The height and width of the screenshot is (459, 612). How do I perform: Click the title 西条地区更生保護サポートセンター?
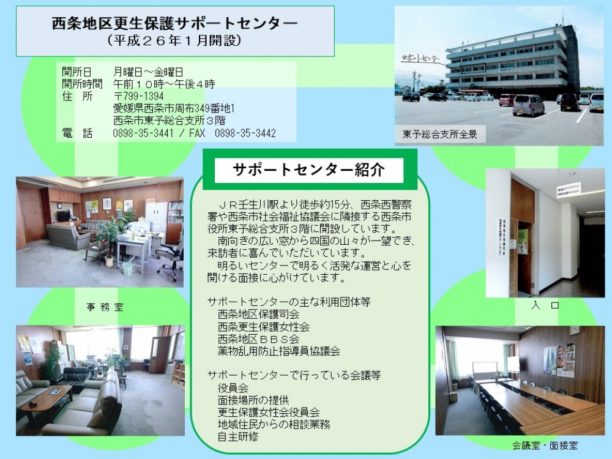pyautogui.click(x=175, y=23)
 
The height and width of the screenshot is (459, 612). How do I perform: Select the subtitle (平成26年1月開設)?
pyautogui.click(x=174, y=40)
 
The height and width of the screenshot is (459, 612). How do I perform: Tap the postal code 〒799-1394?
pyautogui.click(x=138, y=96)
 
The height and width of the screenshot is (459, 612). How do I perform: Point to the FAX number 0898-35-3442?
pyautogui.click(x=245, y=133)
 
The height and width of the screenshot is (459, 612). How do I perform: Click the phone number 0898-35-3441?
pyautogui.click(x=143, y=133)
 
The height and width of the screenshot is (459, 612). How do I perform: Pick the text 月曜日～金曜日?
pyautogui.click(x=148, y=72)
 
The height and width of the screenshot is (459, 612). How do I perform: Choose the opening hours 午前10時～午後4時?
pyautogui.click(x=164, y=84)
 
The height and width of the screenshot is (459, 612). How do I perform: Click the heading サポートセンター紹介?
pyautogui.click(x=308, y=170)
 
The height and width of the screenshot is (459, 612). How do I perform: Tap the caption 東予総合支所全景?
pyautogui.click(x=440, y=135)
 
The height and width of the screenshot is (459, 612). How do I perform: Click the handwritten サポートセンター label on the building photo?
pyautogui.click(x=420, y=59)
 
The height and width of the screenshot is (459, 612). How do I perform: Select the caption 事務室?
pyautogui.click(x=105, y=307)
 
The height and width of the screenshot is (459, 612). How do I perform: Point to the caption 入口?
pyautogui.click(x=545, y=305)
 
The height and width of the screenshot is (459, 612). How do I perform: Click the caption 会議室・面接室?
pyautogui.click(x=545, y=446)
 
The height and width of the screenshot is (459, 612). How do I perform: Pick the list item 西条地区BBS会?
pyautogui.click(x=258, y=339)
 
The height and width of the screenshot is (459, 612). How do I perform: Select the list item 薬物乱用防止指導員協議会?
pyautogui.click(x=278, y=351)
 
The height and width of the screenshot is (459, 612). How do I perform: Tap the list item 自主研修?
pyautogui.click(x=238, y=436)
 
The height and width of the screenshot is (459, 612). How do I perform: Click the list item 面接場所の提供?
pyautogui.click(x=253, y=400)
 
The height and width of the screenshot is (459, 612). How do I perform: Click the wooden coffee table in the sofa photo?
pyautogui.click(x=48, y=397)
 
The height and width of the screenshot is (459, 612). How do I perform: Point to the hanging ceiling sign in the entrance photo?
pyautogui.click(x=569, y=190)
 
